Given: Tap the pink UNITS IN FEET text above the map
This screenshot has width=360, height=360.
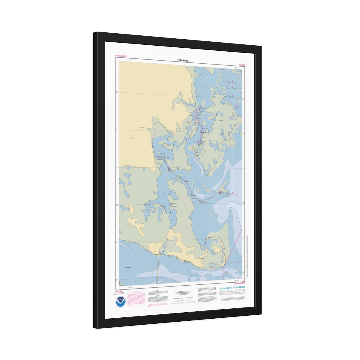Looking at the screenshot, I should click(121, 56).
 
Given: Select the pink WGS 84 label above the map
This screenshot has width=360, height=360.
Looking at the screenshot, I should click(242, 65).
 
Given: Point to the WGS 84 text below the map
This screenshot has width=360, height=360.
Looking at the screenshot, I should click(118, 291).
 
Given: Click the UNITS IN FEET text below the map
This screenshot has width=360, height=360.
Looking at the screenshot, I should click(239, 283).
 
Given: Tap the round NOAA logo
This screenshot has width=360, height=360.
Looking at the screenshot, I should click(121, 301).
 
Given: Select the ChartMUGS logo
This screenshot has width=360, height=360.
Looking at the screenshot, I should click(239, 287).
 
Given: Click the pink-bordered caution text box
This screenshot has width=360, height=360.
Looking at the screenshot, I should click(136, 298).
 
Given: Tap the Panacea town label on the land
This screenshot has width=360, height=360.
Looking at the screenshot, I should click(143, 128).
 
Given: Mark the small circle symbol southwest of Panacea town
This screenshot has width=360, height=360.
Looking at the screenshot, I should click(131, 138).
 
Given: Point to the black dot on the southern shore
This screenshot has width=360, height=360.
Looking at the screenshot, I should click(155, 251).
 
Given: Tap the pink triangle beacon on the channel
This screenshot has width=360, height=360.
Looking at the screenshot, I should click(220, 191).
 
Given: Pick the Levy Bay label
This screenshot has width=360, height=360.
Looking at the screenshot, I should click(163, 192).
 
